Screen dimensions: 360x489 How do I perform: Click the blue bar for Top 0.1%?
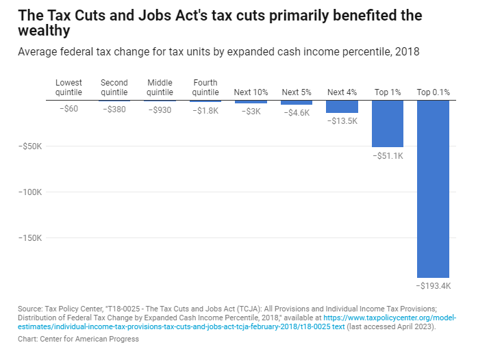pyautogui.click(x=433, y=188)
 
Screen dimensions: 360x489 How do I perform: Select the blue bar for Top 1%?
pyautogui.click(x=388, y=123)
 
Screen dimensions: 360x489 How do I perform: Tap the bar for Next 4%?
pyautogui.click(x=342, y=107)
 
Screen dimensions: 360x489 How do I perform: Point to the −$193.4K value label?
pyautogui.click(x=433, y=285)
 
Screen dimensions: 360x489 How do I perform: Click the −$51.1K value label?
pyautogui.click(x=388, y=155)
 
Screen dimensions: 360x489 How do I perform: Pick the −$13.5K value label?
pyautogui.click(x=342, y=121)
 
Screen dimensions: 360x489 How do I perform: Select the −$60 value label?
pyautogui.click(x=68, y=110)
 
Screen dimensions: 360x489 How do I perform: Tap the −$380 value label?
pyautogui.click(x=114, y=110)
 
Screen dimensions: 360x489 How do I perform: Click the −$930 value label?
pyautogui.click(x=160, y=110)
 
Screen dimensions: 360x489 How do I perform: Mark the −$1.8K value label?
pyautogui.click(x=205, y=110)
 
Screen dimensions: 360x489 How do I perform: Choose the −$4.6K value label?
pyautogui.click(x=297, y=113)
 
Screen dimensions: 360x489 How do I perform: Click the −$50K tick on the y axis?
pyautogui.click(x=31, y=146)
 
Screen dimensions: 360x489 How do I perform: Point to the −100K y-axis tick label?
pyautogui.click(x=31, y=192)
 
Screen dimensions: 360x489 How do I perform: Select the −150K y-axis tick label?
pyautogui.click(x=31, y=238)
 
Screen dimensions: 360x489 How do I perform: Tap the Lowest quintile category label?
pyautogui.click(x=68, y=88)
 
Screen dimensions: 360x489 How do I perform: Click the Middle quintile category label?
pyautogui.click(x=160, y=88)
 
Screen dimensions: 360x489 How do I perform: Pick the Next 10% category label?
pyautogui.click(x=251, y=92)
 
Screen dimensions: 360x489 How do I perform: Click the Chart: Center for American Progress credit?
pyautogui.click(x=78, y=339)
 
